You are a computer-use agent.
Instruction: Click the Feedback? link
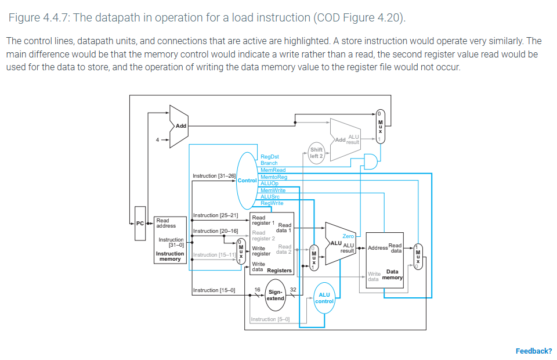[533, 351]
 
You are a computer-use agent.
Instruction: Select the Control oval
[248, 180]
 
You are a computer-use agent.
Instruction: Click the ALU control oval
[324, 298]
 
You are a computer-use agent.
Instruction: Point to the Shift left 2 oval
[316, 153]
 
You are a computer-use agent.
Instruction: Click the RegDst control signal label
[270, 157]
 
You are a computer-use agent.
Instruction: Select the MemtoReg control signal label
[274, 177]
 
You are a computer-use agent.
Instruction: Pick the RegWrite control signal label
[272, 203]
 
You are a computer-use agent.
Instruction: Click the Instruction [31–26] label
[214, 175]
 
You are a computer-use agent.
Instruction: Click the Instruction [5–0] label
[270, 319]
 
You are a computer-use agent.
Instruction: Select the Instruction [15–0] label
[214, 290]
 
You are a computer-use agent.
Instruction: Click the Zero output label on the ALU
[348, 236]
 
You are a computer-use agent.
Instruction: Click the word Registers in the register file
[279, 271]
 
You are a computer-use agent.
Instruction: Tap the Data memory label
[393, 274]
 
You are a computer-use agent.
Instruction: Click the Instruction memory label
[170, 256]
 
